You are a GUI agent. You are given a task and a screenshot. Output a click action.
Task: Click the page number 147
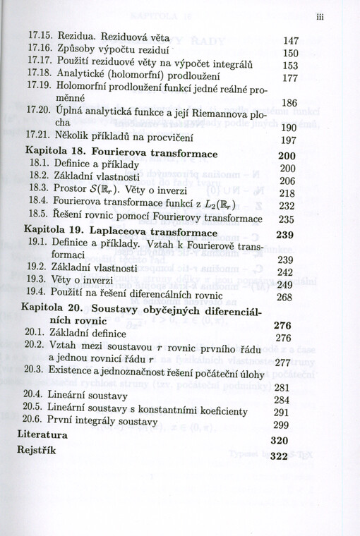292,41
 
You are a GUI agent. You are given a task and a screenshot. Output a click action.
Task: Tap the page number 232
286,206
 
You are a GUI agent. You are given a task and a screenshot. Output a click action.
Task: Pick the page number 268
284,298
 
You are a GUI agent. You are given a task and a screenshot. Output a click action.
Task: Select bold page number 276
282,326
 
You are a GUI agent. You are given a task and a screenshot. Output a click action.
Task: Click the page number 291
282,413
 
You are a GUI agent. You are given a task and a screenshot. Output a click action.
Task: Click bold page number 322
280,456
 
